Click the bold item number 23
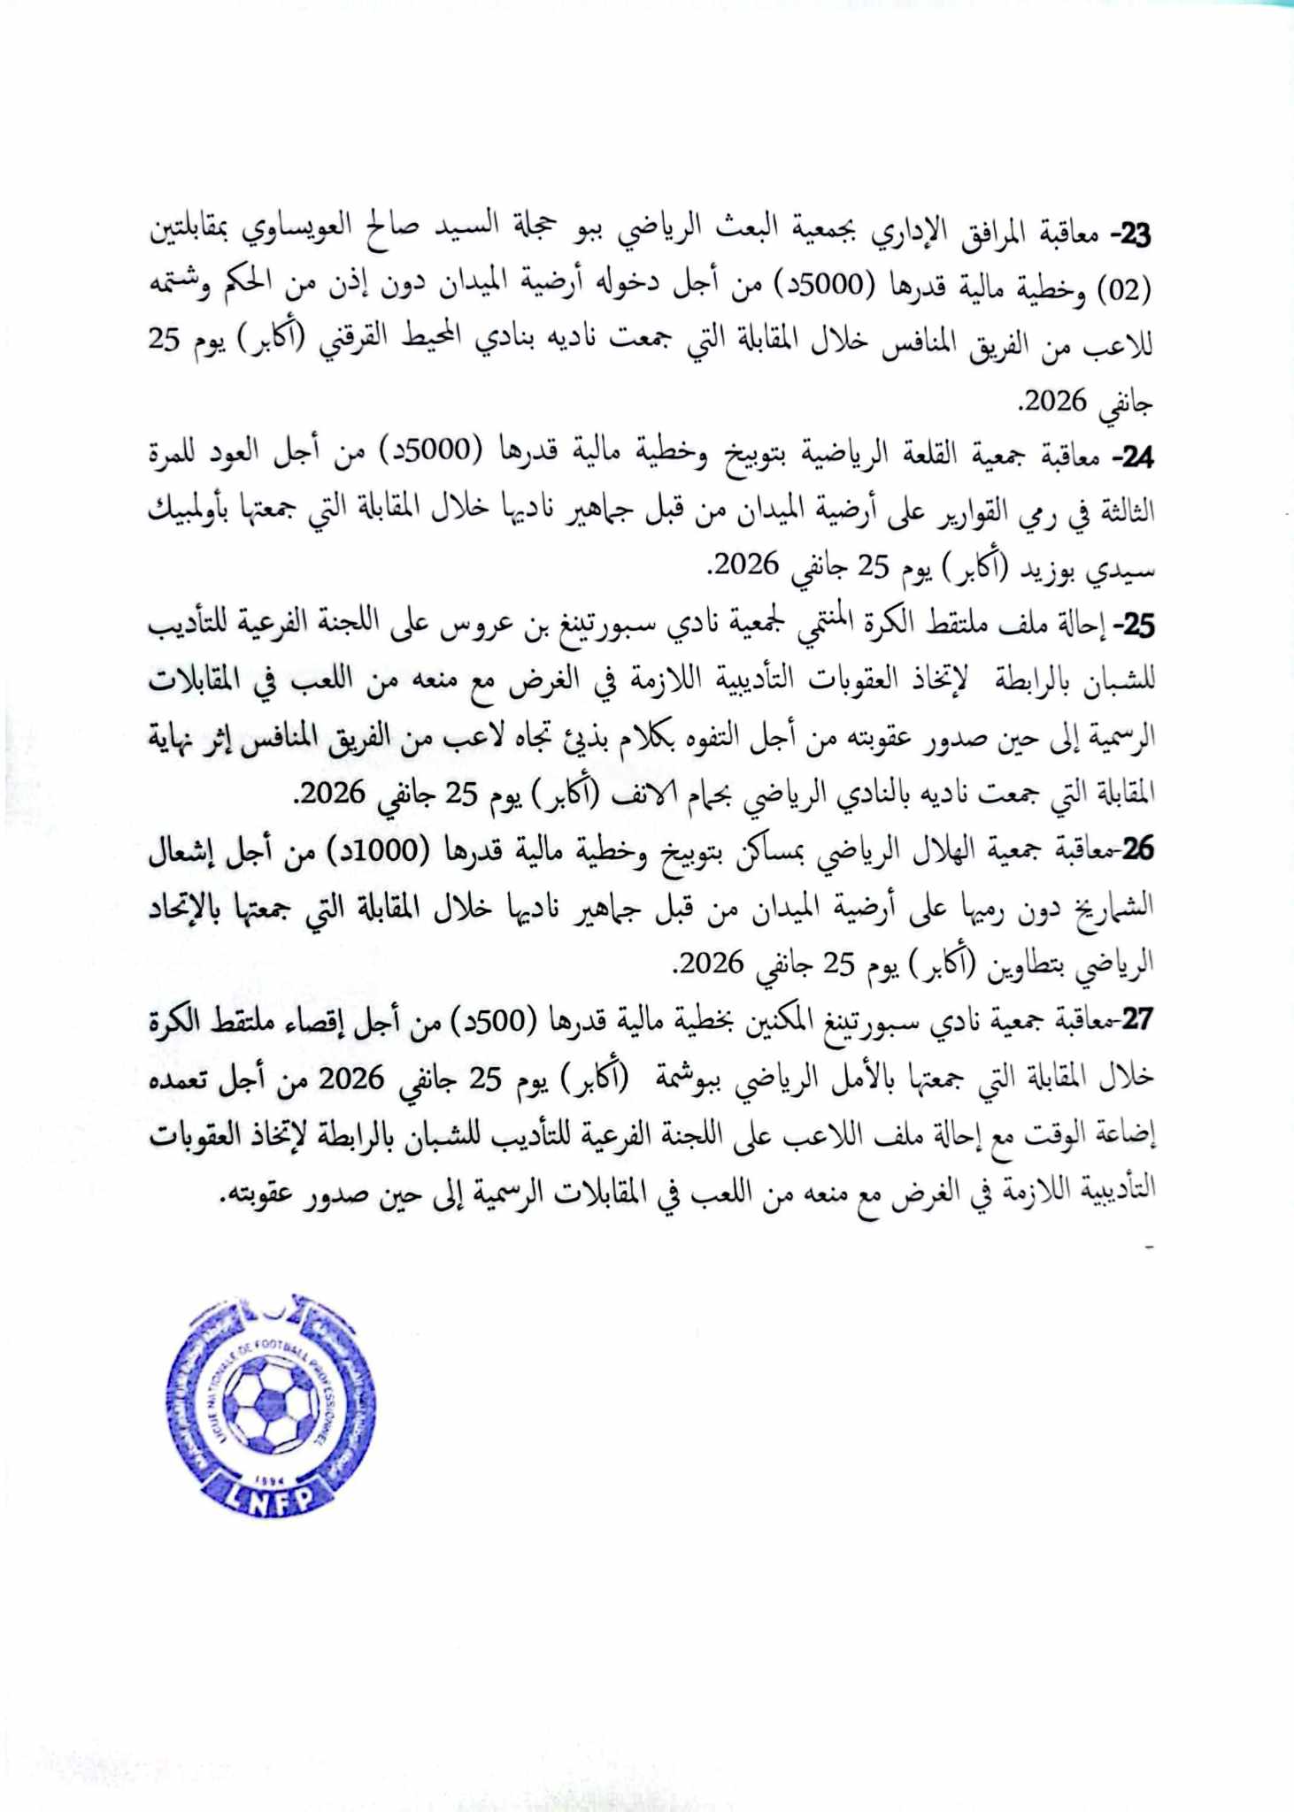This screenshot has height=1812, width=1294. point(1134,235)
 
